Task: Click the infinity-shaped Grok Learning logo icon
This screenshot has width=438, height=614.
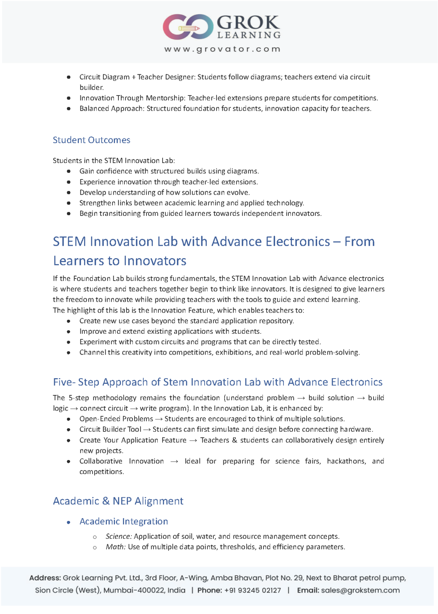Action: tap(187, 27)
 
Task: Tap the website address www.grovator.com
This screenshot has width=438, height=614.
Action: tap(222, 49)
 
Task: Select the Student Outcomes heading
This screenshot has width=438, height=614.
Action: tap(91, 140)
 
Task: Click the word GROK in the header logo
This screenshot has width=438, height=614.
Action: tap(248, 22)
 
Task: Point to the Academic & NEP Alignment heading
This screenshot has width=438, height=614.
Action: tap(118, 501)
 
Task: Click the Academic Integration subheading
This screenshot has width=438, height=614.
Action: tap(124, 521)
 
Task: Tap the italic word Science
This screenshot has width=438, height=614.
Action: tap(119, 536)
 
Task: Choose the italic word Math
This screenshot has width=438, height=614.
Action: tap(115, 547)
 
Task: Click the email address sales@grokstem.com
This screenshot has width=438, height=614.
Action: tap(360, 590)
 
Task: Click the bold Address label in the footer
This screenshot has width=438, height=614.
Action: tap(45, 578)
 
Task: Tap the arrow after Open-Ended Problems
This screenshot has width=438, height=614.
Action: tap(159, 419)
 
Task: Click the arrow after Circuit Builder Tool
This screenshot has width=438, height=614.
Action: tap(147, 429)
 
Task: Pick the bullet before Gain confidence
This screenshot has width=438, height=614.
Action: tap(69, 171)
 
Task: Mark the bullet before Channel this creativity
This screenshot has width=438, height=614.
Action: tap(69, 353)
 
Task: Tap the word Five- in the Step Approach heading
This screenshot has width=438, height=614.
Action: tap(64, 382)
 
